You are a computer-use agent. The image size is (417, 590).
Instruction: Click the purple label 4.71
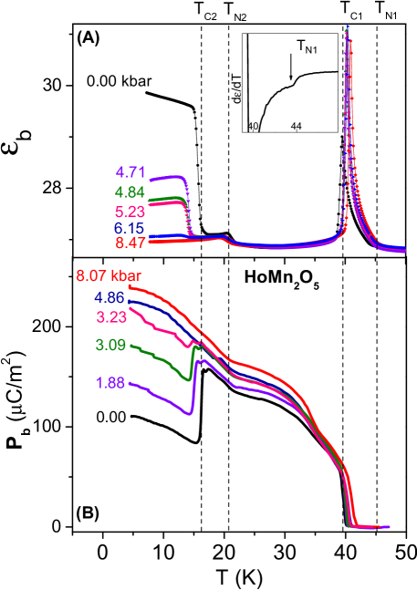pos(130,171)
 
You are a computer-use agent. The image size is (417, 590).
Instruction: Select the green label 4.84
pos(130,191)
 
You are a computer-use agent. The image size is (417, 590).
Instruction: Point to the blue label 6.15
pos(130,227)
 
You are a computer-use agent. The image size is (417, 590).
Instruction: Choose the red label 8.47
pos(130,243)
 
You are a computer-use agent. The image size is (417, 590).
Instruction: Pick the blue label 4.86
pos(111,297)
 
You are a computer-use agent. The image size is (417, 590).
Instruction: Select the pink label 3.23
pos(111,316)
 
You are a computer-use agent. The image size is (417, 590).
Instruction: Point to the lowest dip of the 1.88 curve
pos(189,414)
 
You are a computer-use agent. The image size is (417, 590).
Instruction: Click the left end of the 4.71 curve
pos(151,178)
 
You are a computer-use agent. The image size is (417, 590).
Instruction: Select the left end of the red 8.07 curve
pos(130,286)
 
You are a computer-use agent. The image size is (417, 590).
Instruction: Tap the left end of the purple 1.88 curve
pos(130,382)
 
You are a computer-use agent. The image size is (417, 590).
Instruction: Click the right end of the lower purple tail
pos(390,526)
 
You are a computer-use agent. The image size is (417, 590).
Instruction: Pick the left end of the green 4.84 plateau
pos(151,199)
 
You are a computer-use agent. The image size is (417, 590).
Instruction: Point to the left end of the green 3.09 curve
pos(130,346)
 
